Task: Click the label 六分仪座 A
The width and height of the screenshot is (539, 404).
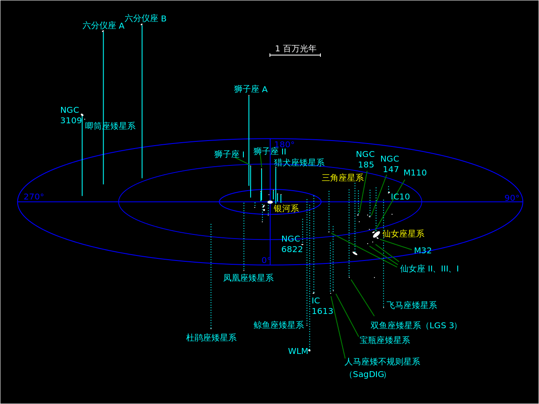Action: click(x=103, y=26)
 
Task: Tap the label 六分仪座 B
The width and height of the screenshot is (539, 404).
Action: click(x=145, y=19)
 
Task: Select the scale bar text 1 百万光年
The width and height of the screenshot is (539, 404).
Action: click(x=296, y=48)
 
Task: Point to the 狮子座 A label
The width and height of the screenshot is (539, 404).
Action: click(x=251, y=89)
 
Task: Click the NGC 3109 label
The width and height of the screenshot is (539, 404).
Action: click(x=70, y=115)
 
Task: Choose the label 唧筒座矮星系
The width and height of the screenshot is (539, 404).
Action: click(x=110, y=126)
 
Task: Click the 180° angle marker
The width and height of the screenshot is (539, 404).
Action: click(x=284, y=145)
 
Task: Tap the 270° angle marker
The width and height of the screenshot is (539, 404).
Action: click(x=34, y=197)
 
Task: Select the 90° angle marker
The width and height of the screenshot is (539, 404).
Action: click(x=512, y=198)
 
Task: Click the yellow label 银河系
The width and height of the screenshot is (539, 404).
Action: click(x=286, y=208)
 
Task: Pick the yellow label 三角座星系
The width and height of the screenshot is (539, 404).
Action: click(x=343, y=178)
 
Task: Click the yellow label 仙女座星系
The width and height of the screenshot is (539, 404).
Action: click(x=403, y=234)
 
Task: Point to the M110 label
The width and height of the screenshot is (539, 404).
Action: click(x=415, y=173)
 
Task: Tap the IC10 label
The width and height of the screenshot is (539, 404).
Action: click(x=400, y=197)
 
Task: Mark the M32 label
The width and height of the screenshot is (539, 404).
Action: click(x=423, y=250)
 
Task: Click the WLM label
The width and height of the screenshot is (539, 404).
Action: click(x=298, y=351)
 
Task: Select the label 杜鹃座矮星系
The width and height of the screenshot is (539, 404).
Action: click(x=211, y=338)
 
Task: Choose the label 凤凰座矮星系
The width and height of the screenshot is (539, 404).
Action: click(x=248, y=278)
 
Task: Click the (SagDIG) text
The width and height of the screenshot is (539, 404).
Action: click(x=367, y=374)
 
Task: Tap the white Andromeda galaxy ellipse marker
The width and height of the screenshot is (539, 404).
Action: click(x=376, y=234)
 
